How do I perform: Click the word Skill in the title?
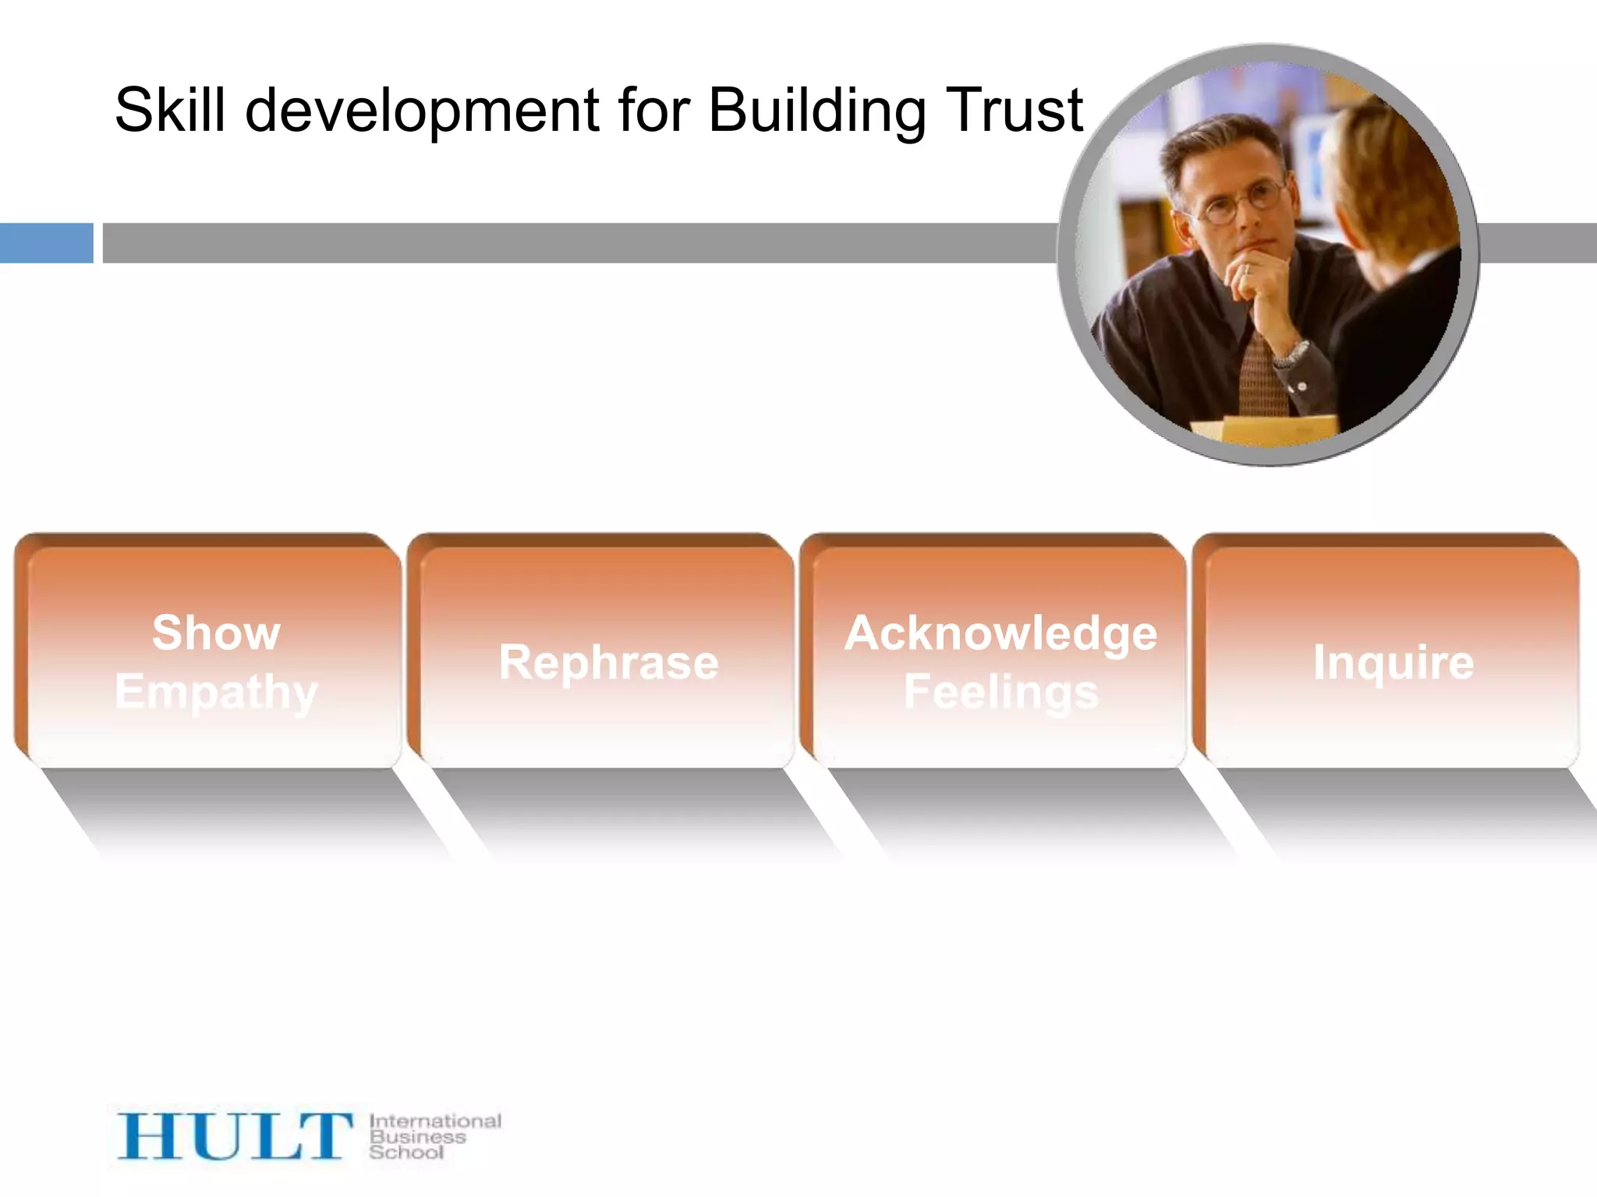[171, 110]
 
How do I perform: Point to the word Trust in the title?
[1014, 110]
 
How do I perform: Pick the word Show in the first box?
[216, 632]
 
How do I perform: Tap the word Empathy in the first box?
[216, 692]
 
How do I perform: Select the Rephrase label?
[608, 662]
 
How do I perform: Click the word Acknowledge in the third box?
[1000, 633]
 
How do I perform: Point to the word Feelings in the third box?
[1000, 692]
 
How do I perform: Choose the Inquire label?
[1393, 662]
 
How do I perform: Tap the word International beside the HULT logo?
[435, 1121]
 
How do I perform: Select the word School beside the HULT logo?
[406, 1152]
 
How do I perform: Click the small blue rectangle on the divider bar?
[46, 243]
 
